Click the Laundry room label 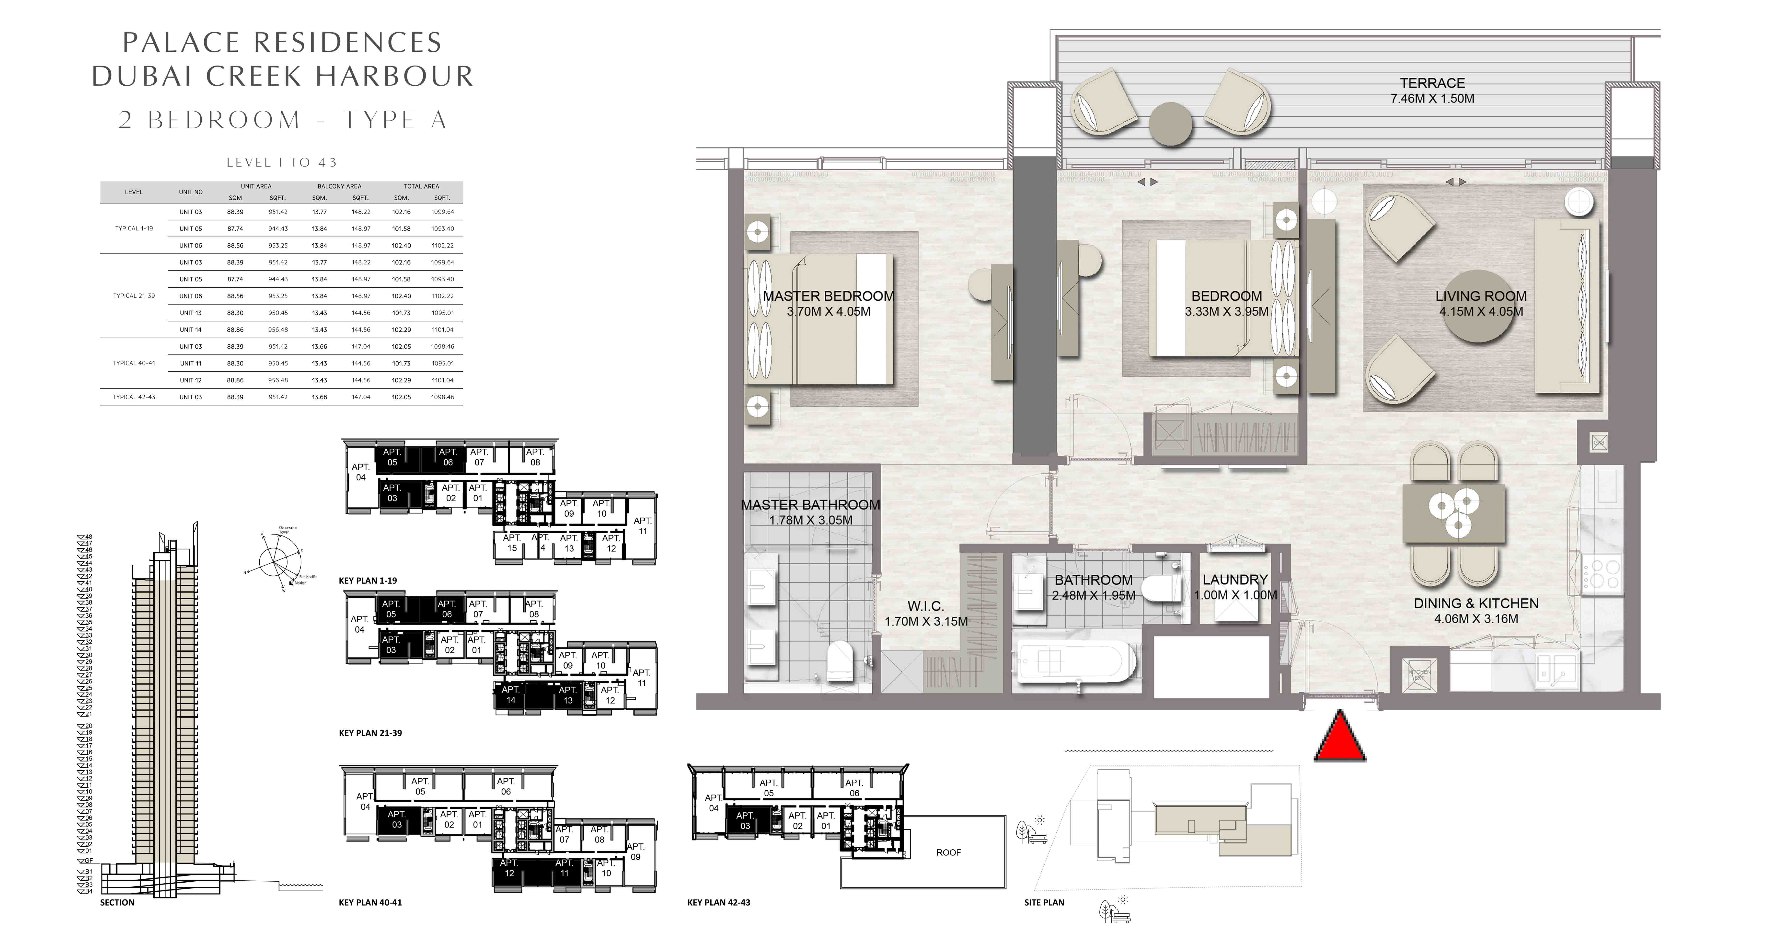click(x=1235, y=580)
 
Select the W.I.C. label click(x=925, y=606)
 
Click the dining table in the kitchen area click(x=1454, y=513)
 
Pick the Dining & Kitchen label click(x=1476, y=604)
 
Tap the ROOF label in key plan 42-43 click(x=948, y=852)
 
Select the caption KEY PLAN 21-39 click(x=370, y=733)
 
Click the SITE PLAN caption click(x=1044, y=902)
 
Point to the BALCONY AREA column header click(x=339, y=186)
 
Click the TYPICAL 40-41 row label click(x=134, y=363)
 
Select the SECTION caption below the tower click(x=117, y=902)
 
